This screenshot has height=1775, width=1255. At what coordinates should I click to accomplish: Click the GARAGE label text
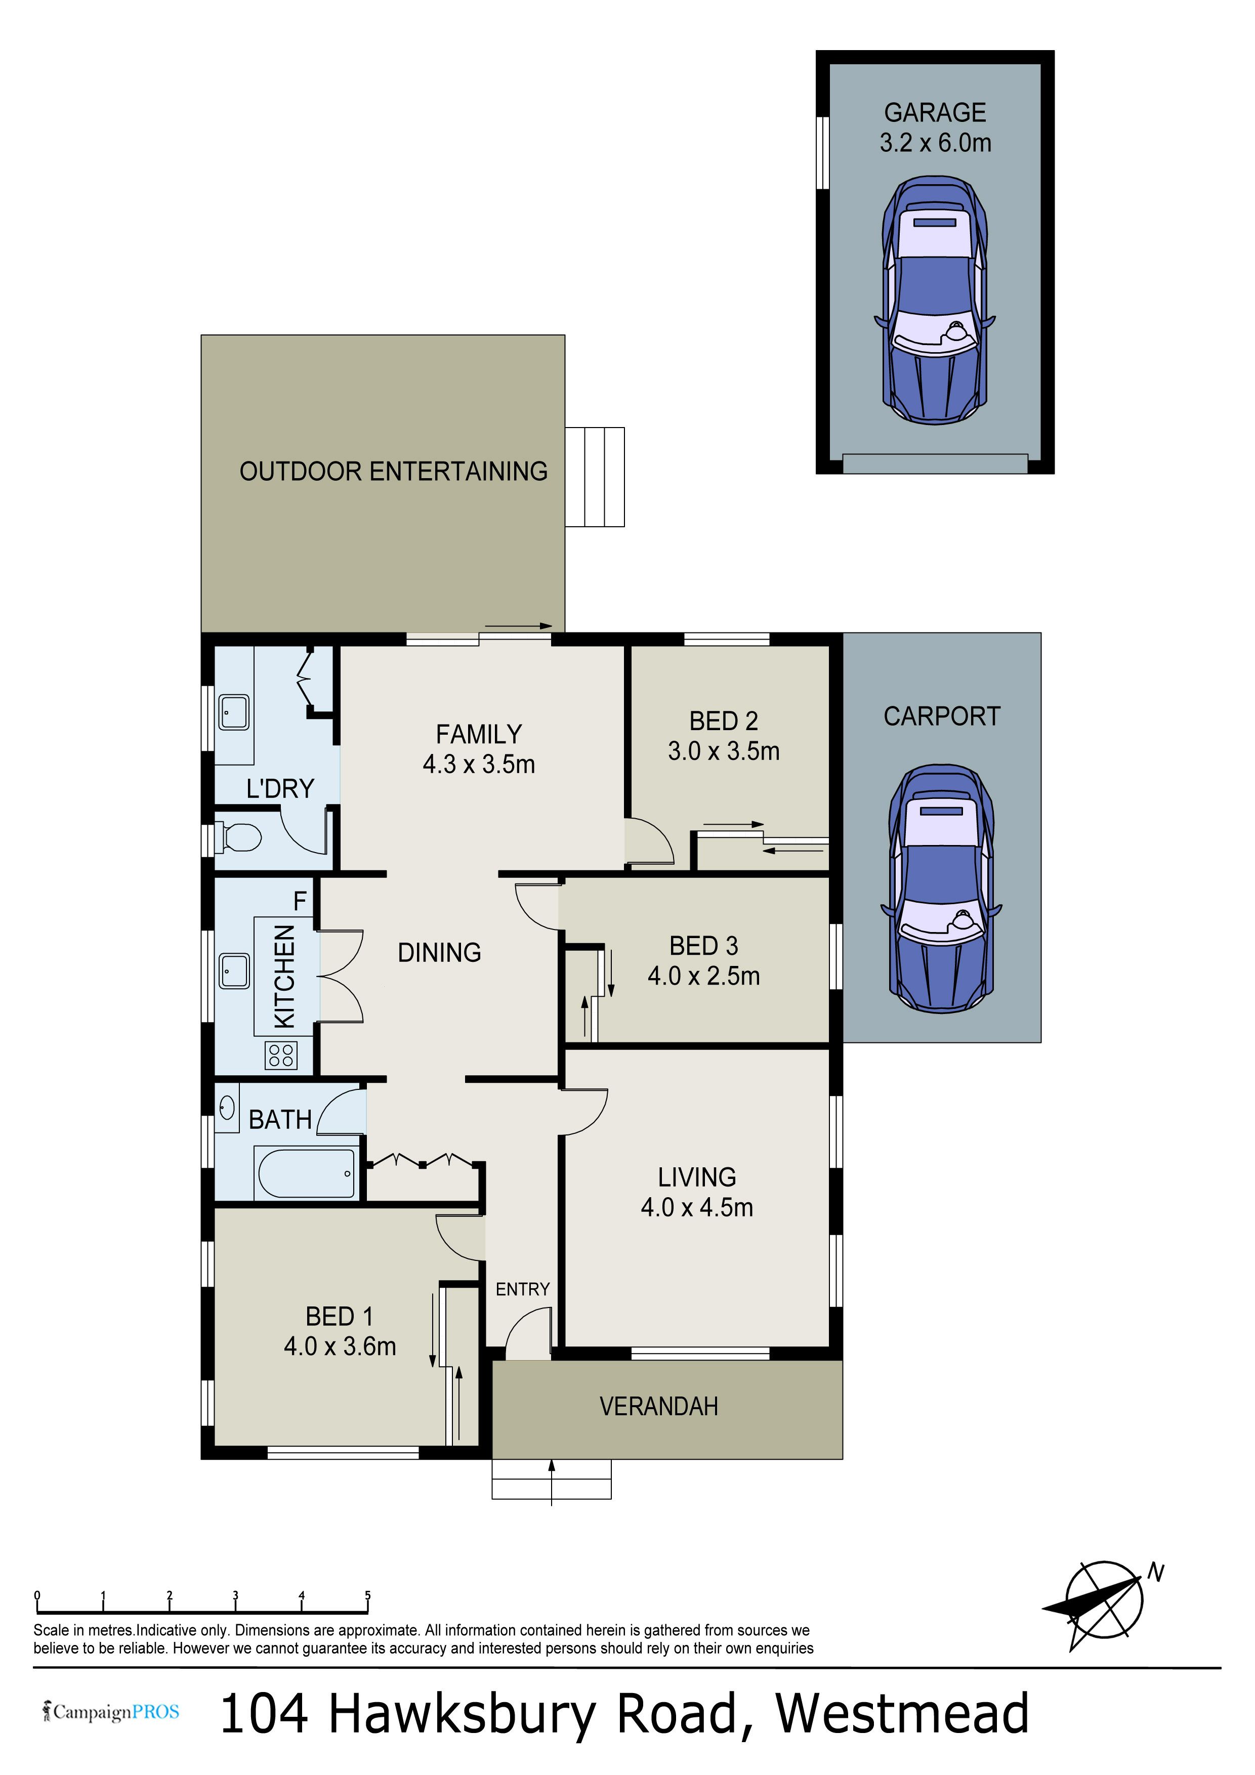[935, 113]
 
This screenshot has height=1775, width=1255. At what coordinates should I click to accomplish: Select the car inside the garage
[935, 300]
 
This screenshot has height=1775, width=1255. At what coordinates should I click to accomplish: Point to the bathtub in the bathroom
[306, 1173]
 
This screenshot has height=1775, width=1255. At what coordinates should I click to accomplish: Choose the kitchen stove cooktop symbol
[281, 1055]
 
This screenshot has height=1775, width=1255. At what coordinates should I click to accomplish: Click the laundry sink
[233, 712]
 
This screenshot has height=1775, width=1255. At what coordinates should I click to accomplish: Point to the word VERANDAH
[659, 1406]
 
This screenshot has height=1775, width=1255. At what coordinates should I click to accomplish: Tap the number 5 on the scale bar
[368, 1595]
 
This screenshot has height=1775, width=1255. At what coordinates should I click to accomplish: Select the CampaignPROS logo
[111, 1712]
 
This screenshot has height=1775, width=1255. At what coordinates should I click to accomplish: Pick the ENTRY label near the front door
[523, 1289]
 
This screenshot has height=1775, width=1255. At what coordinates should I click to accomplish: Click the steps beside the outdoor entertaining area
[594, 477]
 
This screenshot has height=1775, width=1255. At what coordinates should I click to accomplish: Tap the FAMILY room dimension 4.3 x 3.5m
[479, 764]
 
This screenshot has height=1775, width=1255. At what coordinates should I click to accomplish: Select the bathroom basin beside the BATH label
[227, 1108]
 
